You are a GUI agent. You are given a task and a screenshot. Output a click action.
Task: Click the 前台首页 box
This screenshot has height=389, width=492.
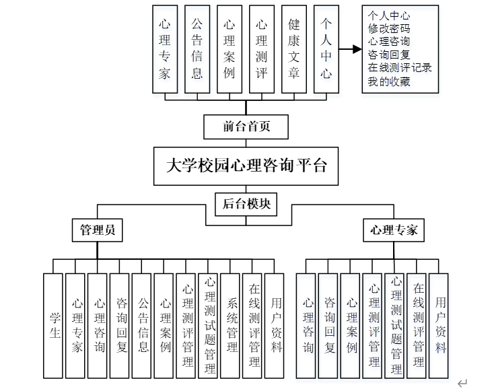pos(246,126)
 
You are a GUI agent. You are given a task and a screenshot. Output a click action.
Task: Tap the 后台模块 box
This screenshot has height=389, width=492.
pos(246,204)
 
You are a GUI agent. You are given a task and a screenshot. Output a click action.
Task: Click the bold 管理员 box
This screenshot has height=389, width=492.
pos(97,229)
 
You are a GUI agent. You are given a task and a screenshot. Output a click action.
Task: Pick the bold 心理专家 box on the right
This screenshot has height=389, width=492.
pos(394,229)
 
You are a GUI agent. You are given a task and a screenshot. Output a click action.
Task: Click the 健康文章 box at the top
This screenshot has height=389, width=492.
pos(294,49)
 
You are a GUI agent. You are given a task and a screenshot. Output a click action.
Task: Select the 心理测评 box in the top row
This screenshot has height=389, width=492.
pos(262,49)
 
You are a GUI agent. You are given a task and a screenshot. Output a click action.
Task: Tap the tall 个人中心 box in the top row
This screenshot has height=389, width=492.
pos(326,49)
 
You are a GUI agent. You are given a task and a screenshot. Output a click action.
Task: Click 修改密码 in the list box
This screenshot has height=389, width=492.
pos(389,29)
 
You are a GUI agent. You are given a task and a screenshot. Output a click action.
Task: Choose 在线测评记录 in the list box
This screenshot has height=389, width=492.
pos(400,68)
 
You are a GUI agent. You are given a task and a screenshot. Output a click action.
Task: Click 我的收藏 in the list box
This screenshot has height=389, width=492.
pos(389,81)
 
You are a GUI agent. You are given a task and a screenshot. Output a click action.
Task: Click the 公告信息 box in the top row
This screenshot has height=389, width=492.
pos(197,49)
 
